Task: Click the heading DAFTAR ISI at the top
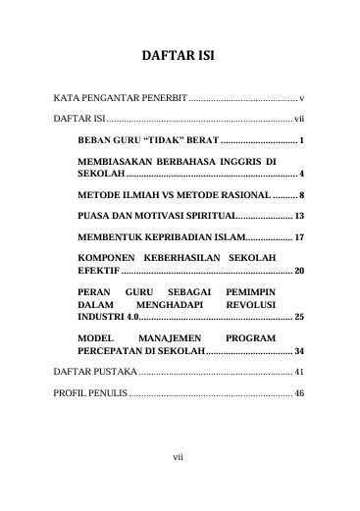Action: tap(179, 56)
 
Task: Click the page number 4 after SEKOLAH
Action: tap(302, 172)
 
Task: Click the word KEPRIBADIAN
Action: tap(180, 238)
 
